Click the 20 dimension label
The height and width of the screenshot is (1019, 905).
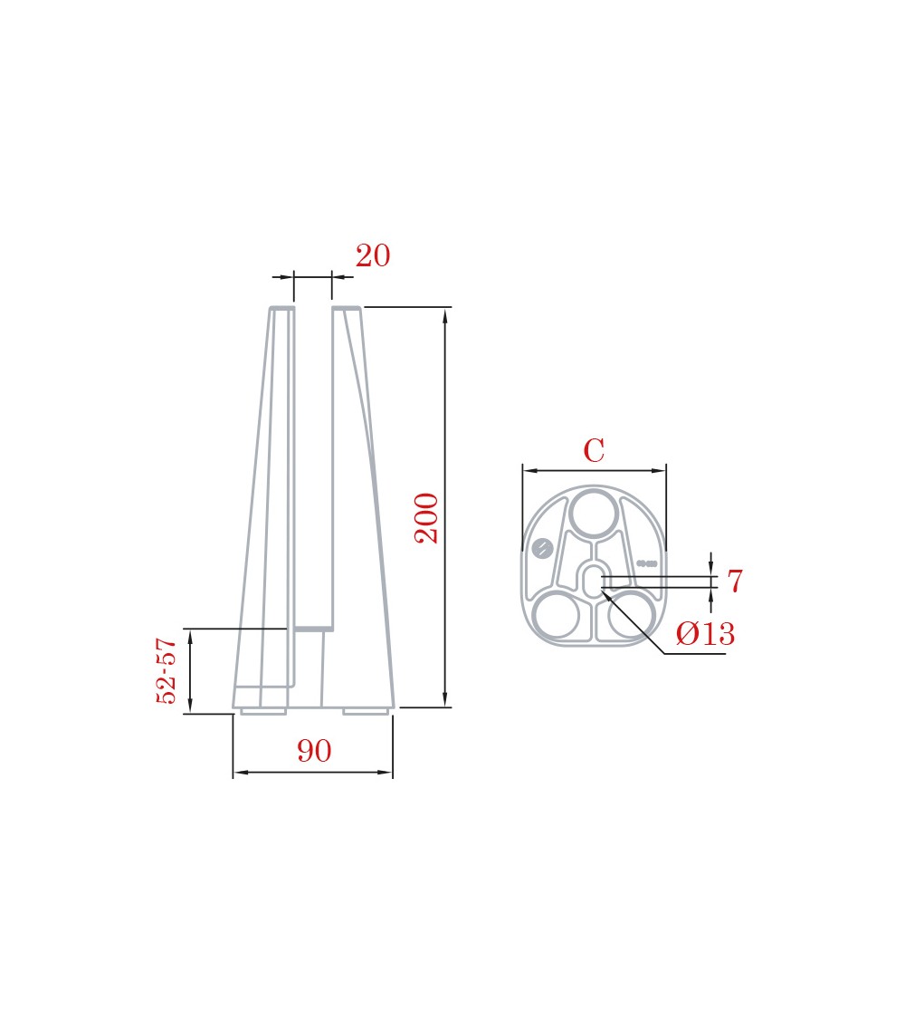(373, 255)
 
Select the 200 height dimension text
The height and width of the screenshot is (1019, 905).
(426, 518)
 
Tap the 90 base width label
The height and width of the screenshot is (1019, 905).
(314, 751)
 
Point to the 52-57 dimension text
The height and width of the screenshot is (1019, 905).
(167, 670)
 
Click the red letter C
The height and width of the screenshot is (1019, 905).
(594, 450)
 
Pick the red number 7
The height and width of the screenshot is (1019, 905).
(735, 581)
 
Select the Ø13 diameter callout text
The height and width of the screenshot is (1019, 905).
(705, 633)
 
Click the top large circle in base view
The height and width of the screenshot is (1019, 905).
(594, 514)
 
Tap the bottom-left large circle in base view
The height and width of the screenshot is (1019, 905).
(556, 615)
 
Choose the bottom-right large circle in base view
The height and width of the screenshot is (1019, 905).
(631, 615)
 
